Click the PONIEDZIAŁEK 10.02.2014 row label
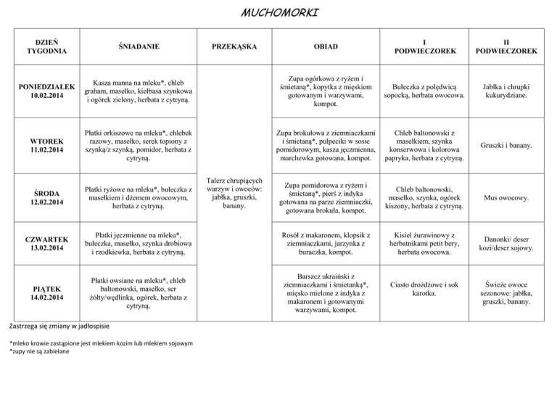point(46,91)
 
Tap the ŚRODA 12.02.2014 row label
point(46,196)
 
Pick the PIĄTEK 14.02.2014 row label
point(46,292)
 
